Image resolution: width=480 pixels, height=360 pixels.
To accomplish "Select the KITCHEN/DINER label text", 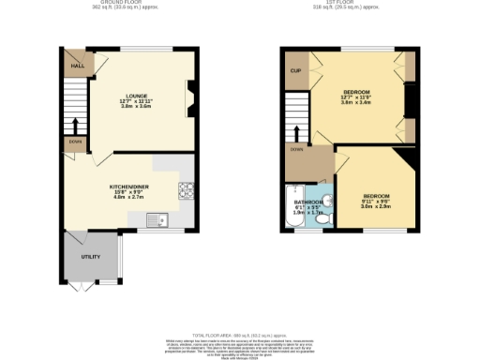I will coord(127,187).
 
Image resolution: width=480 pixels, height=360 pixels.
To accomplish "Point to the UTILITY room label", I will coord(90,256).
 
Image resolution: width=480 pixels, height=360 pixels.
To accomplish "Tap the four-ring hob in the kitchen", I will coord(186,190).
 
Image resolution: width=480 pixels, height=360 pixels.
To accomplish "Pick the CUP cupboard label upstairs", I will coord(295,70).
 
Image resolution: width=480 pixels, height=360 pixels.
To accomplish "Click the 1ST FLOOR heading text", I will coord(349,4).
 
